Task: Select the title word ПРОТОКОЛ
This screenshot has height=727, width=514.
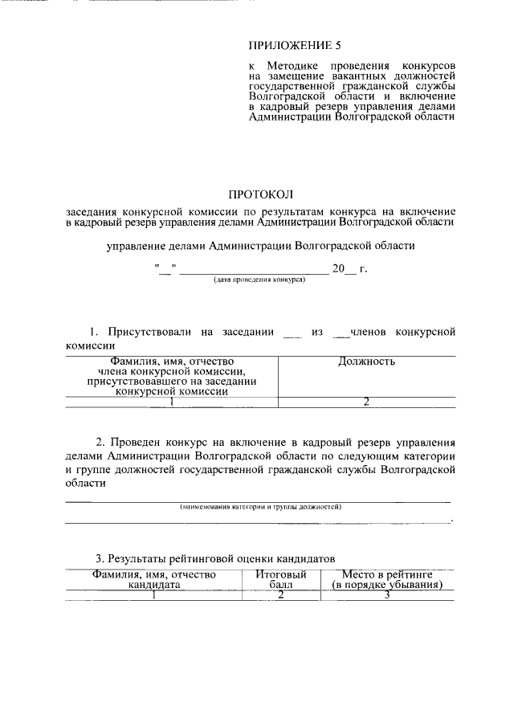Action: (261, 194)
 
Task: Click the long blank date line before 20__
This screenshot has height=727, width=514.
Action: (254, 272)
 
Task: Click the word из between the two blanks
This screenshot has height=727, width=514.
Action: (316, 331)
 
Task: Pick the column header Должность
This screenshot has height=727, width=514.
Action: (366, 361)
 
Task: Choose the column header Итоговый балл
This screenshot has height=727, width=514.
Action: (280, 580)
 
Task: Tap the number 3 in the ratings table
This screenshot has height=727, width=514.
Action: (387, 595)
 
